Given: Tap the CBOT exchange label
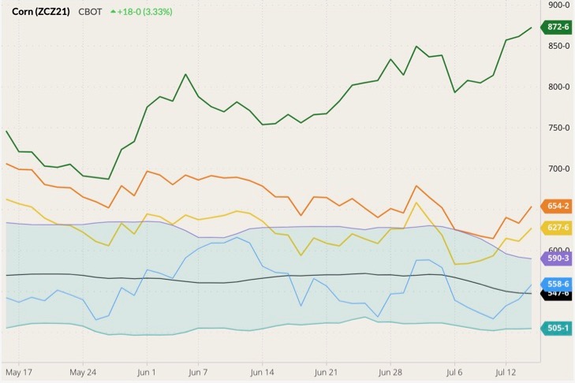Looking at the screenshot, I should click(x=91, y=12).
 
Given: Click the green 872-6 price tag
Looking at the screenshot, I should click(x=558, y=28).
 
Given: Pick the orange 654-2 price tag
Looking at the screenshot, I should click(x=557, y=206).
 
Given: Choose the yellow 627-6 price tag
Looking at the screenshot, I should click(x=557, y=228).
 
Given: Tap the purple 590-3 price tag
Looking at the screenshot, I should click(x=557, y=258).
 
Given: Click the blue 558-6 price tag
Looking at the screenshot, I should click(x=557, y=284).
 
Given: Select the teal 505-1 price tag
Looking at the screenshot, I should click(x=557, y=328).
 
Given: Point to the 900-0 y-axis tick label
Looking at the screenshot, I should click(x=558, y=5).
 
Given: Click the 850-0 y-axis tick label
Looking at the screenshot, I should click(x=558, y=46).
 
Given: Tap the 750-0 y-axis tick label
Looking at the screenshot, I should click(x=558, y=128).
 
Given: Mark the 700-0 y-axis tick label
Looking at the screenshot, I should click(x=558, y=169).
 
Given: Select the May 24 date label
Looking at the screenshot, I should click(x=82, y=370).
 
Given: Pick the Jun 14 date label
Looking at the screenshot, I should click(x=262, y=370).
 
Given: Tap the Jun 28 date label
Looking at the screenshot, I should click(x=390, y=370).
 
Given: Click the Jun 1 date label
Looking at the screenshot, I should click(x=147, y=370).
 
